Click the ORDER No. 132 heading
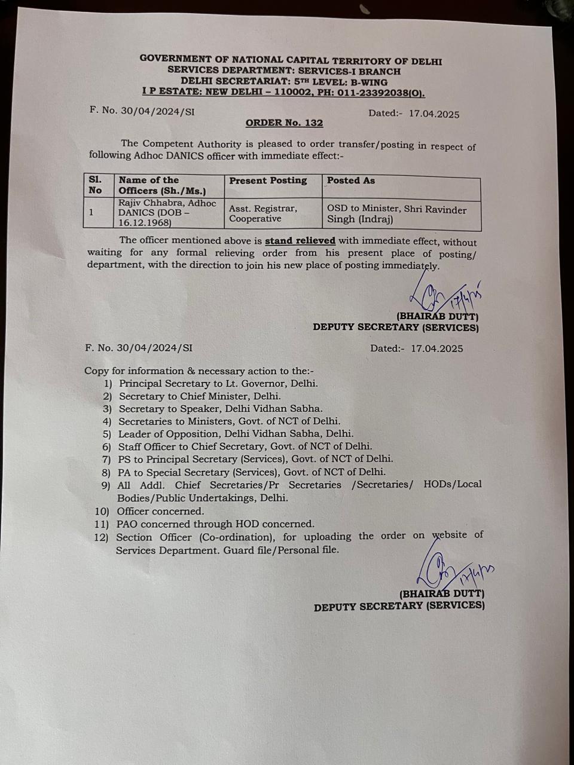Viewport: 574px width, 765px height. pos(284,123)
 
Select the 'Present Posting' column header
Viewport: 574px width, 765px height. pos(268,180)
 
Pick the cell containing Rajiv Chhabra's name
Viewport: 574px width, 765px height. pos(167,213)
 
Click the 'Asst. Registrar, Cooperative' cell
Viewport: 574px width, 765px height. pos(263,213)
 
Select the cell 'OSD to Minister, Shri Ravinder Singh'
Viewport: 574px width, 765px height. pos(396,214)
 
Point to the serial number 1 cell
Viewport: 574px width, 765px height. pos(91,212)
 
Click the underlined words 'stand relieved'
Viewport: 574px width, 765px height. pos(300,241)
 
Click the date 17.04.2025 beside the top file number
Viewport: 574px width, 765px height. pos(434,114)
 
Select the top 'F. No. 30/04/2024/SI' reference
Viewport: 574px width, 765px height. pos(142,111)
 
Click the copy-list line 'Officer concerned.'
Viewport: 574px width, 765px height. pos(160,511)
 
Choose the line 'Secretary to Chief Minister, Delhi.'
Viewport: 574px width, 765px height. pos(200,396)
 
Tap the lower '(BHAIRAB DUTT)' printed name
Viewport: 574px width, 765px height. pos(442,594)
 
